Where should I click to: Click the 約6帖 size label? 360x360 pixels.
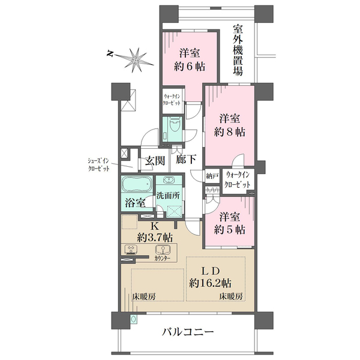(182, 65)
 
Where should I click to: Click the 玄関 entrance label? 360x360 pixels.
(155, 161)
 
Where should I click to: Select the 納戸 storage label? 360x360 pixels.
(212, 176)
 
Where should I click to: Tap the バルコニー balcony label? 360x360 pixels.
(188, 332)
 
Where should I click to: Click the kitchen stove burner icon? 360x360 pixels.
(131, 249)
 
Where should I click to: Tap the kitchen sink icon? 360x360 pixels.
(161, 249)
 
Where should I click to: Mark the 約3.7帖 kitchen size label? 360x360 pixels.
(154, 236)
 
